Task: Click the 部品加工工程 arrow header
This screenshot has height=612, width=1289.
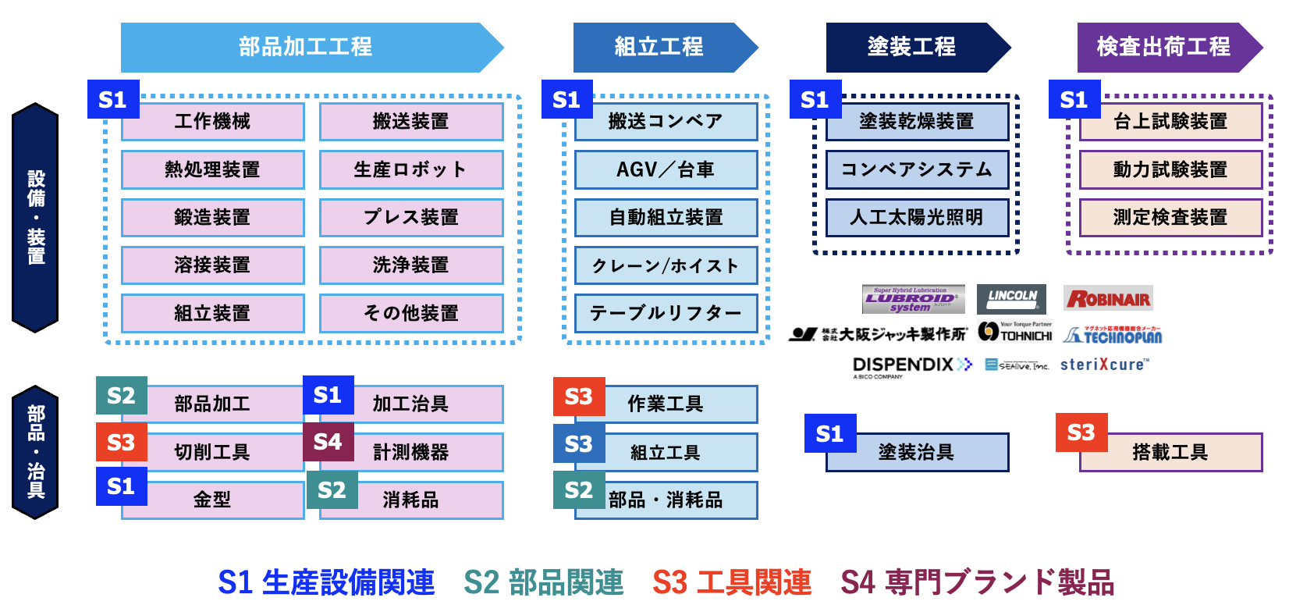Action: [306, 47]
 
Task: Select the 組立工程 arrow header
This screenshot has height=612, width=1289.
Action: [659, 47]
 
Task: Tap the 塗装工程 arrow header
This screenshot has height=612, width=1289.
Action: [911, 47]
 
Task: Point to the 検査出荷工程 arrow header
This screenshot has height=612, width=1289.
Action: [1163, 47]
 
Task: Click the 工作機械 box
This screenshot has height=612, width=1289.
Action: [212, 122]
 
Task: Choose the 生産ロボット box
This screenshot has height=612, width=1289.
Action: [411, 169]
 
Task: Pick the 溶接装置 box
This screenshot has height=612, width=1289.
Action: [212, 265]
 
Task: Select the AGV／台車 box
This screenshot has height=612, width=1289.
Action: [666, 169]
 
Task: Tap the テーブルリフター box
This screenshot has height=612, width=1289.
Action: [666, 313]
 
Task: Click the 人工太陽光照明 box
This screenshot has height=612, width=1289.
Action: [917, 217]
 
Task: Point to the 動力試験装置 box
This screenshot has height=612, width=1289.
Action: [1170, 169]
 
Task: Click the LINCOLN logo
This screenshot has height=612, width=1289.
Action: [1011, 298]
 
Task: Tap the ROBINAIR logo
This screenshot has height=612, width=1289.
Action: [1108, 298]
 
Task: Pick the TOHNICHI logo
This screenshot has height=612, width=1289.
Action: [1015, 333]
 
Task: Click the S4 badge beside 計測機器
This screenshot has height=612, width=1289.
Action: [328, 442]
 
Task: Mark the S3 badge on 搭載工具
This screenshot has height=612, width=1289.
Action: [1081, 432]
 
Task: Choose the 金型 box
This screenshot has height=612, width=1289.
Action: [212, 500]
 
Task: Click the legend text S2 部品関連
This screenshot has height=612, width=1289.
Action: [544, 582]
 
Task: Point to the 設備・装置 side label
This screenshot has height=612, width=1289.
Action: [36, 217]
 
